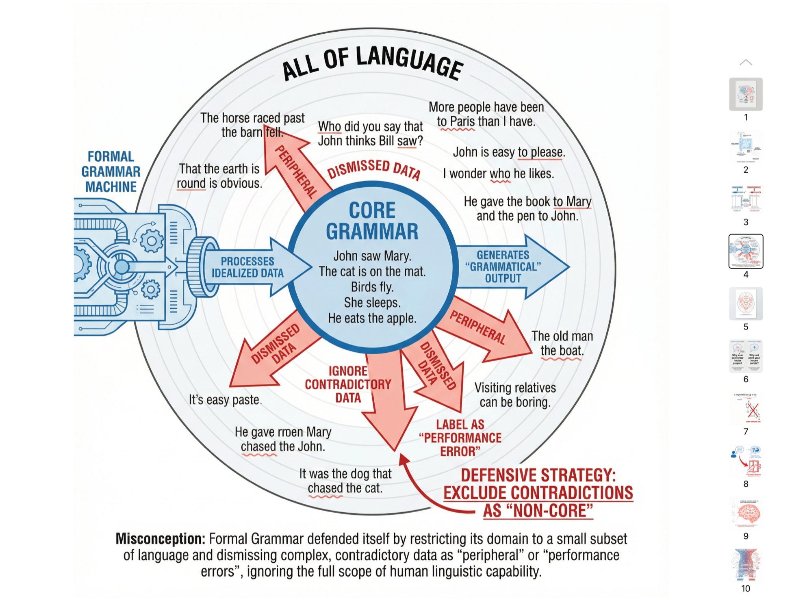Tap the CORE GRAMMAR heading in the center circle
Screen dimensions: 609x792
coord(372,221)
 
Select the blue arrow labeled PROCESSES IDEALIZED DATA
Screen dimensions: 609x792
coord(248,267)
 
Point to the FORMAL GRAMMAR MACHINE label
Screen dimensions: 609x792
coord(111,171)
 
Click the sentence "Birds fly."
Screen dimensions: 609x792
coord(372,287)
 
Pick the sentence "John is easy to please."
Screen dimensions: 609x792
coord(509,152)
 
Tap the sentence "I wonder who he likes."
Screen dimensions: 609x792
coord(498,173)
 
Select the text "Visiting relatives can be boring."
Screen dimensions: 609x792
coord(515,394)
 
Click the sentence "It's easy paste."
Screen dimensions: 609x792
coord(225,400)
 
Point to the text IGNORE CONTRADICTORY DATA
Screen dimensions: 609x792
coord(348,384)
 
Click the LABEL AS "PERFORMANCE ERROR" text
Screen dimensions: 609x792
coord(460,438)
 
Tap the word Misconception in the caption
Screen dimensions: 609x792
coord(160,539)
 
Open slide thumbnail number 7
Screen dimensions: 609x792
coord(746,408)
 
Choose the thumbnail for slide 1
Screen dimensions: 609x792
coord(746,94)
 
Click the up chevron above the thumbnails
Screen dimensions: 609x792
coord(746,63)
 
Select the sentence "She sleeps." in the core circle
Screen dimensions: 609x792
coord(372,302)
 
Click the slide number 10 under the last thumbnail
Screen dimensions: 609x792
coord(746,588)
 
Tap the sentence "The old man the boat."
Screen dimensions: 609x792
coord(562,343)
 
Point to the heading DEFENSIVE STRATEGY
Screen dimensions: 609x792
coord(538,475)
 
